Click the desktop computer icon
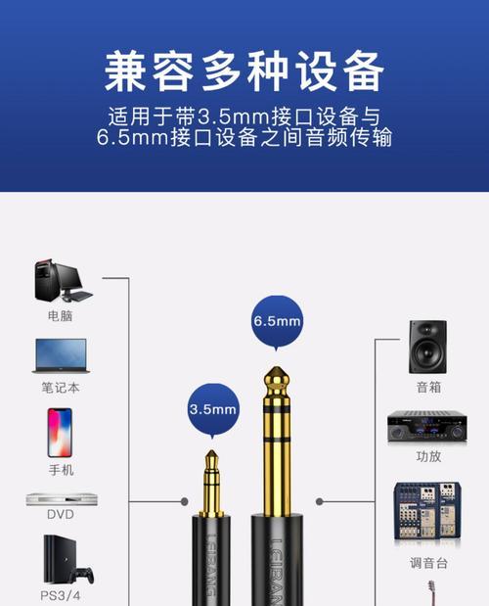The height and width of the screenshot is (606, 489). tap(61, 281)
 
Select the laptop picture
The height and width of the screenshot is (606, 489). tap(61, 355)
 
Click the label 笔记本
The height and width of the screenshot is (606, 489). tap(61, 388)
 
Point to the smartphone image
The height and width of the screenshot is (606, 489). tap(61, 433)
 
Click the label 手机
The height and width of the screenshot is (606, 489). tap(61, 470)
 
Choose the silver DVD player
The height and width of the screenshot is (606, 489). tap(61, 498)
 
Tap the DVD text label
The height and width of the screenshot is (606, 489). tap(61, 515)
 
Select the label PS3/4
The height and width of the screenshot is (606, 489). tap(61, 594)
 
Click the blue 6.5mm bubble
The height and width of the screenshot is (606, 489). tap(277, 322)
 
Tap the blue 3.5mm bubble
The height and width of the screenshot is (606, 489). tap(213, 408)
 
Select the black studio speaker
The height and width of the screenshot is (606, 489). tap(428, 345)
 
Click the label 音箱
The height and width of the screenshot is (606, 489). tap(428, 387)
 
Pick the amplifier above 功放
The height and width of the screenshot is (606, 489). tap(428, 427)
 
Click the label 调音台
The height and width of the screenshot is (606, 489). tap(428, 564)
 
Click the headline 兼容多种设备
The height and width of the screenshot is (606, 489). tap(244, 71)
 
